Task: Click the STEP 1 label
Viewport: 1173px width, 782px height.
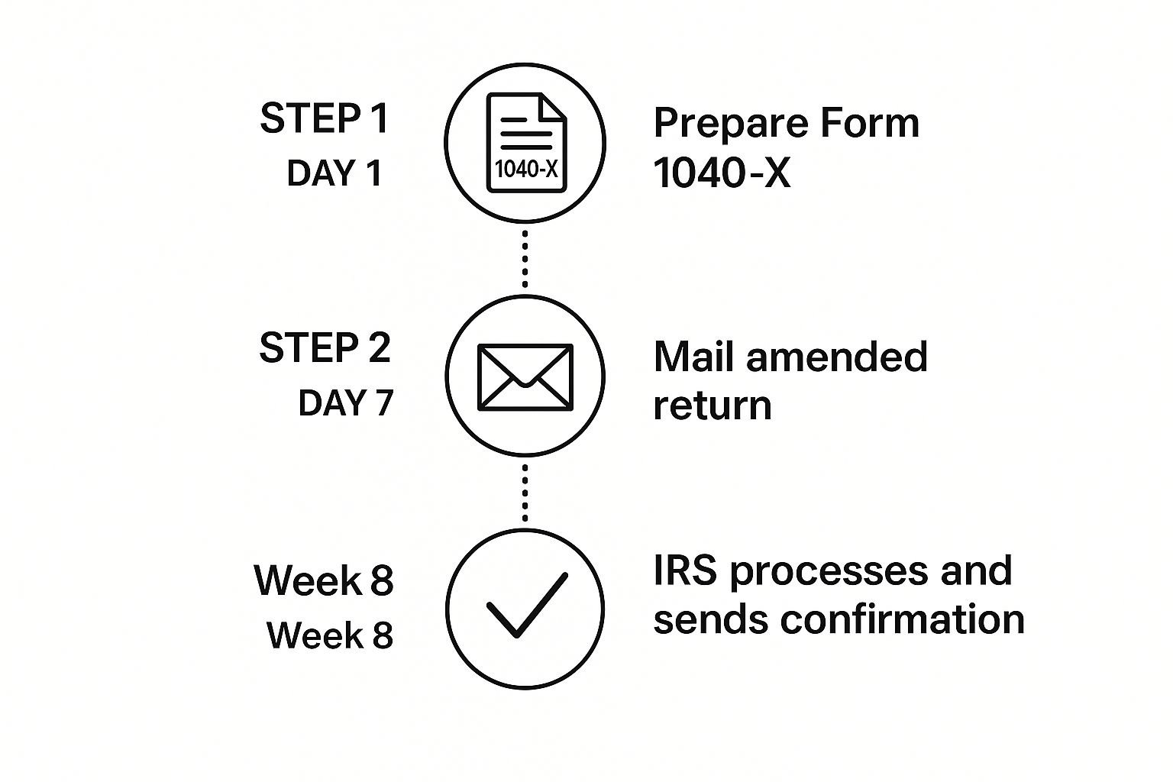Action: coord(325,118)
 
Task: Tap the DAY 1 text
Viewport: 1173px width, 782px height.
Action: coord(334,173)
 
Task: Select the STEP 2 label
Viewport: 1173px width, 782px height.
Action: coord(325,347)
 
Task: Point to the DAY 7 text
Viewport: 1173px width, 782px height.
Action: coord(345,402)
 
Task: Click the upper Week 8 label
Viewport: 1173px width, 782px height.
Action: coord(324,580)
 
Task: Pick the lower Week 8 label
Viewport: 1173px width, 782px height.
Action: coord(330,635)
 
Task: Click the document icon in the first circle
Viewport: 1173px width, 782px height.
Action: coord(526,143)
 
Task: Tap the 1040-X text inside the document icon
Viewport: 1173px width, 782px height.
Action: coord(526,169)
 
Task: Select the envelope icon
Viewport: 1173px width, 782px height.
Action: coord(525,376)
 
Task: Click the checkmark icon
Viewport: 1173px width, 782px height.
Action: coord(526,605)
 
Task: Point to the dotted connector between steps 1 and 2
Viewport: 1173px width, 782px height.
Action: coord(525,257)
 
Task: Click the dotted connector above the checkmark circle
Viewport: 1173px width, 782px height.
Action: coord(525,492)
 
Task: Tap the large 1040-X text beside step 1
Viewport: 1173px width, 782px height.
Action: coord(722,173)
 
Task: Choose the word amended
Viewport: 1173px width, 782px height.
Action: coord(837,357)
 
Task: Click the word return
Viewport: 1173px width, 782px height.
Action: coord(712,406)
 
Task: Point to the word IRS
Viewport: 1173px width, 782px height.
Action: coord(685,571)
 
